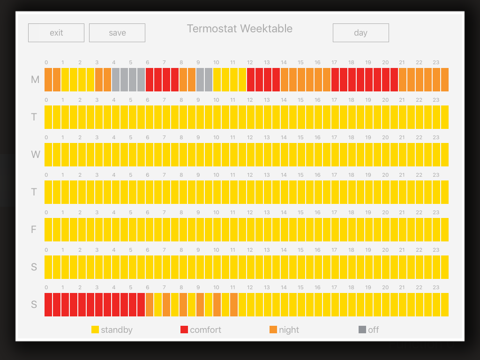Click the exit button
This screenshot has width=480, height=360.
pos(56,33)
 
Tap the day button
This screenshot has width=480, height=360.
pos(360,33)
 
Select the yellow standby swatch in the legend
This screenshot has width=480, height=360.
pos(95,330)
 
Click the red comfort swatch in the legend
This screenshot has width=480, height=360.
pos(184,330)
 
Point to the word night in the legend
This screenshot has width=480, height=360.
pos(289,330)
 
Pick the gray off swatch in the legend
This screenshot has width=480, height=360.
pos(362,330)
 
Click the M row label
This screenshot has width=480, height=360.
pos(35,80)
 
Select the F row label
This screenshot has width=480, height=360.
pos(34,230)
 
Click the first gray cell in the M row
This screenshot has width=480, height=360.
pos(116,80)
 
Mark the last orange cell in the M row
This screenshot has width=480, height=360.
pos(445,80)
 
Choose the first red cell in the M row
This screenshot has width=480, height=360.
pos(150,80)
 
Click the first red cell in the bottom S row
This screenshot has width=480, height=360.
pos(48,305)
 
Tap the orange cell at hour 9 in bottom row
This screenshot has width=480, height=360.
pos(200,305)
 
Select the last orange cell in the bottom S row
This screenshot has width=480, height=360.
pos(234,305)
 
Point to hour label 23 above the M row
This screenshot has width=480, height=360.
pos(436,62)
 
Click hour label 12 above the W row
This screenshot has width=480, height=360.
pos(250,137)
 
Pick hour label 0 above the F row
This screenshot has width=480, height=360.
pos(46,212)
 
